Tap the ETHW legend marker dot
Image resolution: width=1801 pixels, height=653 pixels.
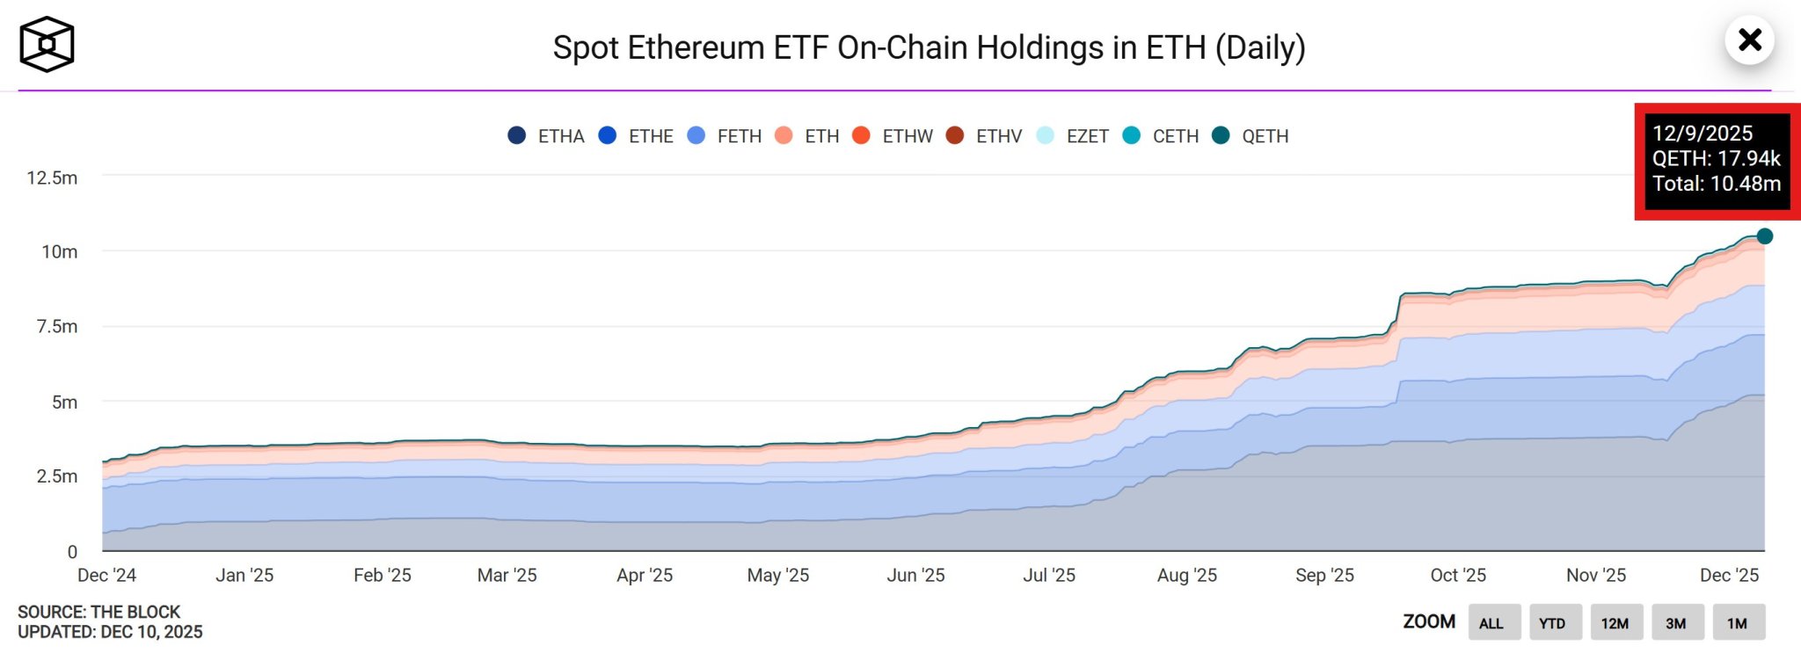[862, 135]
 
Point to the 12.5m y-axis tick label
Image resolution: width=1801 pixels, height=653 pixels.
[52, 178]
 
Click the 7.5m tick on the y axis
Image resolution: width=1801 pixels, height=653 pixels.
[56, 326]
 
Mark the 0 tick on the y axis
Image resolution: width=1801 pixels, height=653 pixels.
[72, 552]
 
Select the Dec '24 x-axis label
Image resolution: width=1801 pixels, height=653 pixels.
[106, 575]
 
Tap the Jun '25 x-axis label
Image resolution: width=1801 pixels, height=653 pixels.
[915, 575]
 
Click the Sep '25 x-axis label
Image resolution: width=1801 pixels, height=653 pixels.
[1324, 575]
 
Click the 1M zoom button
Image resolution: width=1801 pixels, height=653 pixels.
[1737, 623]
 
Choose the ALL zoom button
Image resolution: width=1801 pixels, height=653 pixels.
[1491, 623]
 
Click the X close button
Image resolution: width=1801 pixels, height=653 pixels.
[1750, 40]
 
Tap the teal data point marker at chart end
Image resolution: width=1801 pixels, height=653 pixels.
[1764, 236]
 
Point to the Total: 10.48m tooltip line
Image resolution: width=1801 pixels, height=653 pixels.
[1716, 184]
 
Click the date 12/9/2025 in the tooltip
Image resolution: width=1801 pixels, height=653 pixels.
[1702, 133]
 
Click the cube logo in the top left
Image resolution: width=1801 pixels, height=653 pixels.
[47, 44]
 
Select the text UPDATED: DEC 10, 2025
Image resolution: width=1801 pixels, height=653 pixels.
[110, 632]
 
